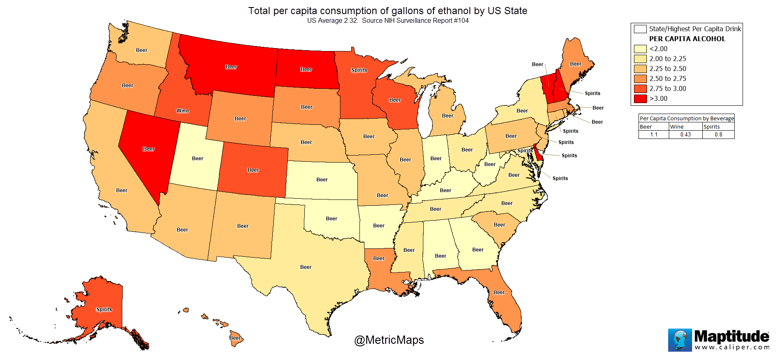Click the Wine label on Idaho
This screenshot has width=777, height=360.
click(182, 111)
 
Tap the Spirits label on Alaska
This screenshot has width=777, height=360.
click(104, 309)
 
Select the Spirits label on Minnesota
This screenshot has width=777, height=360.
click(359, 70)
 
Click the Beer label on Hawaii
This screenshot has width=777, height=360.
click(235, 338)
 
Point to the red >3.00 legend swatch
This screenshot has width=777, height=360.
click(640, 99)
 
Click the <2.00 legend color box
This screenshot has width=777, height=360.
click(640, 49)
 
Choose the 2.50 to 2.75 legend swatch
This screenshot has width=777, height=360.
click(640, 79)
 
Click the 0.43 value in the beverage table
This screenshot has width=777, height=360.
click(685, 135)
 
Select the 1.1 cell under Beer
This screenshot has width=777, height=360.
click(654, 135)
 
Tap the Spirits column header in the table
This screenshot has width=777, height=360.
click(711, 127)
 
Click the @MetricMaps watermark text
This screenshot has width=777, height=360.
click(389, 340)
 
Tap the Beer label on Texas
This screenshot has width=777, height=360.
click(306, 267)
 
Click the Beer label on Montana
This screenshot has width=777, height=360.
click(231, 67)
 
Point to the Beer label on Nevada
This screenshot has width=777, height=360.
click(148, 149)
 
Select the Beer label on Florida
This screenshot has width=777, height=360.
click(499, 292)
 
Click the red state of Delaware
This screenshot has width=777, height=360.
click(539, 155)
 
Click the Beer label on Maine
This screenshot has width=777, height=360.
click(575, 64)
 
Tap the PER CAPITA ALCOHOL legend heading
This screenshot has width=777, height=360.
click(687, 39)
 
